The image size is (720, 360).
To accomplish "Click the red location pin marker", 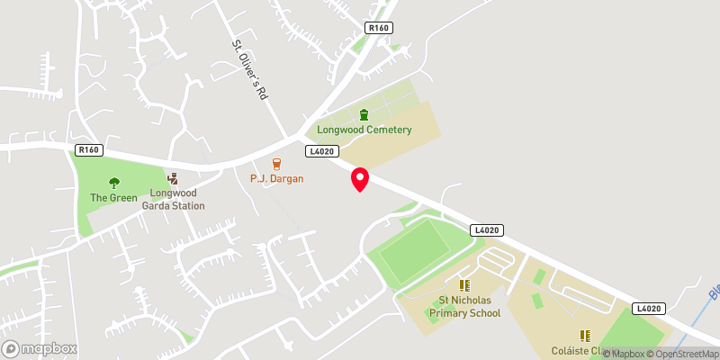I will (359, 179).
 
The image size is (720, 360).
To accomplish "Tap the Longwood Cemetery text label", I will (364, 130).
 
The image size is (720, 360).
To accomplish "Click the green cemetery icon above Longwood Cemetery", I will (364, 114).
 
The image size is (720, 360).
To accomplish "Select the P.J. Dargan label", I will (277, 178).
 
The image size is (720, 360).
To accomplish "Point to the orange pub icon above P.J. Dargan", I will (277, 164).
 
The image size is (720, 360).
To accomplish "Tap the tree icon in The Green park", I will (113, 183).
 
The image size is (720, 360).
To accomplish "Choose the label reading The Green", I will (113, 197).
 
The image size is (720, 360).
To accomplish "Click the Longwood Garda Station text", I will (173, 199).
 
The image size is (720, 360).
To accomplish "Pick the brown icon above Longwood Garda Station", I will (173, 179).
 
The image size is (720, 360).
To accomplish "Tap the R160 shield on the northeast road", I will (379, 29).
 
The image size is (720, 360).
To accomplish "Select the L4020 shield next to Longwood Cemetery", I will (321, 151).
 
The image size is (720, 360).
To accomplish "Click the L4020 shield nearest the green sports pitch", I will (485, 230).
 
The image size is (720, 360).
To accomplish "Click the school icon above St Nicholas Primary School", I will (464, 285).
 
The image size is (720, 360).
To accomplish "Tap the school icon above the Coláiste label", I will (584, 335).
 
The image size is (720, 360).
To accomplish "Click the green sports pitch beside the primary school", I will (416, 251).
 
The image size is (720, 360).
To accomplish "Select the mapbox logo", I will (40, 348).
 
